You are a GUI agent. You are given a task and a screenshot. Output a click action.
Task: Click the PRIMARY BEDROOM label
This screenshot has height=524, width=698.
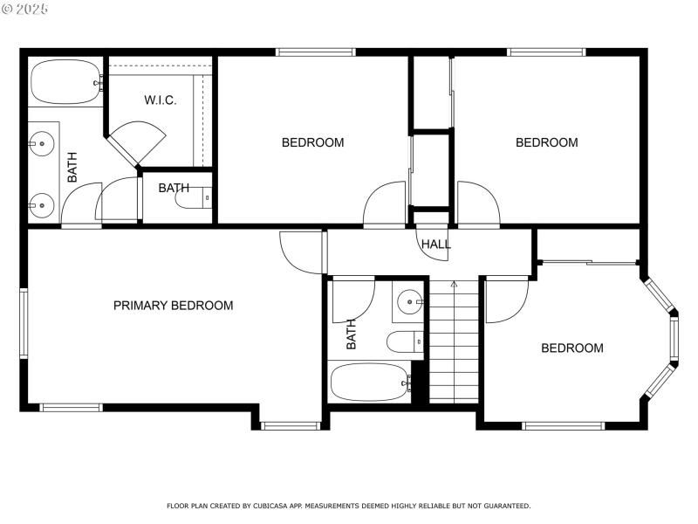173,306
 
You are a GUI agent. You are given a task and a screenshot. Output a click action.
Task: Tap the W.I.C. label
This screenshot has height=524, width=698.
161,100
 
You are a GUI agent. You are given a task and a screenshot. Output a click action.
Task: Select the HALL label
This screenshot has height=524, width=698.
436,245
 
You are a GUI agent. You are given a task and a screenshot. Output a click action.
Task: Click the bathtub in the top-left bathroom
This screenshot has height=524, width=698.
66,82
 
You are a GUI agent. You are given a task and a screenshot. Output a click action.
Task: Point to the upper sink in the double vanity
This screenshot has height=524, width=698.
40,141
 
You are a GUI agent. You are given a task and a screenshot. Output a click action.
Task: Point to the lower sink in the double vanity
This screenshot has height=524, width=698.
40,206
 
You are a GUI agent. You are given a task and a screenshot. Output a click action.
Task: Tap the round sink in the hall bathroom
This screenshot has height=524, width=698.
409,302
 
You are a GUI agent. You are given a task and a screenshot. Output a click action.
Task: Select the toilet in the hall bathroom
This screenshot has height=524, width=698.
403,341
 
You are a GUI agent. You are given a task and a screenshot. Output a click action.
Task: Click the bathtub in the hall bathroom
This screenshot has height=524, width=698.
369,382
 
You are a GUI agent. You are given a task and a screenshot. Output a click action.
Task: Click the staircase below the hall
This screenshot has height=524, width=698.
454,345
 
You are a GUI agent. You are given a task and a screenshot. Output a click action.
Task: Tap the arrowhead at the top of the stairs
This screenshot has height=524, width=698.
454,284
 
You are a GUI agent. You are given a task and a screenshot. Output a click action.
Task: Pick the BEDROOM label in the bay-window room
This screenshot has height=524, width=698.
572,348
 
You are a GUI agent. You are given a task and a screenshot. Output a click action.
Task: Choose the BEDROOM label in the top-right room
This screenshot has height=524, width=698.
546,142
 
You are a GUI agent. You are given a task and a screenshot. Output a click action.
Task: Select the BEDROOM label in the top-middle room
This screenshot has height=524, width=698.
312,142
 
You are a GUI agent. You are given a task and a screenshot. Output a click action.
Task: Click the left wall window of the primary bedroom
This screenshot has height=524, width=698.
24,323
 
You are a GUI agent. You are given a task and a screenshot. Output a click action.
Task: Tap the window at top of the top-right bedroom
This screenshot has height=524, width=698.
537,52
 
